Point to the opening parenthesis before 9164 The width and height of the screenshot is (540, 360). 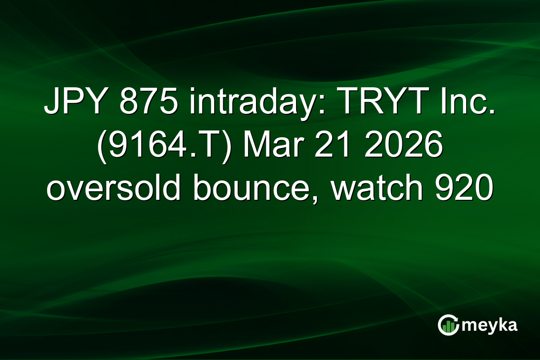101,149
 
